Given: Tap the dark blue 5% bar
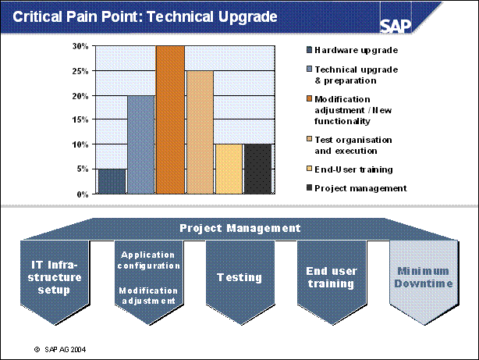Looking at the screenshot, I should pos(112,181).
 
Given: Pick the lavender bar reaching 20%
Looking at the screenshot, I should pos(140,144).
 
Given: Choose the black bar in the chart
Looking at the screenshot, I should pos(258,169).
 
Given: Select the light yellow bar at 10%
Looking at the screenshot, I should pos(229,169).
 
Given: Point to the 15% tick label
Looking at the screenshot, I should pos(80,119).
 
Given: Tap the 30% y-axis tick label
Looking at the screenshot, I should pos(80,46).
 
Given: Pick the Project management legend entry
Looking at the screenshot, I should pos(360,187).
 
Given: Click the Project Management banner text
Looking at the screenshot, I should pos(239,229).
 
